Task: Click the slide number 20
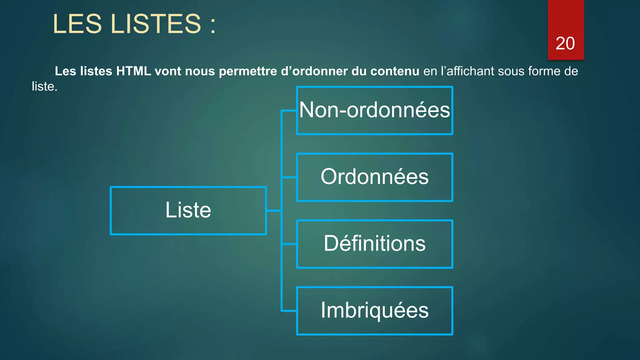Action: (565, 43)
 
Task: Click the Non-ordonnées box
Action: (374, 110)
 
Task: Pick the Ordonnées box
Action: (374, 177)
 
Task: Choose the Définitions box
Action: (374, 244)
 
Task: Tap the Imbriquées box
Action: (374, 310)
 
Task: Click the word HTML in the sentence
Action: (133, 71)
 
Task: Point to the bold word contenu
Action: (394, 71)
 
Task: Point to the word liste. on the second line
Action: (44, 87)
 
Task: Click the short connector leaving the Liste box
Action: (274, 211)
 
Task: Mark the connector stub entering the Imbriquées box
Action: (289, 311)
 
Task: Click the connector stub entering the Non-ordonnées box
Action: (289, 110)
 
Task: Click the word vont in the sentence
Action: (168, 71)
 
